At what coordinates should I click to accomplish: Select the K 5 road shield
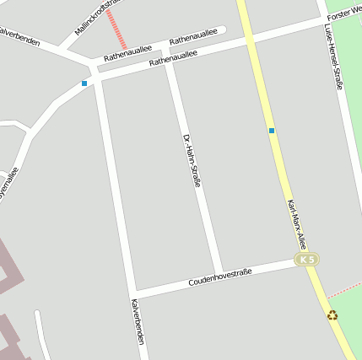point(305,260)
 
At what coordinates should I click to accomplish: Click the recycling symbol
point(332,315)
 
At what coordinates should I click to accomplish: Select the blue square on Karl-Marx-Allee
point(272,130)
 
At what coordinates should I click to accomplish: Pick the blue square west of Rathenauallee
point(84,83)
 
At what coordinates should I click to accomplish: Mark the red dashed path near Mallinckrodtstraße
point(117,29)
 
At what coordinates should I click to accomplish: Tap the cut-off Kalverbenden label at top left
point(19,35)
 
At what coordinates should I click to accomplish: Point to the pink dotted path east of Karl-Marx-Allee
point(344,288)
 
